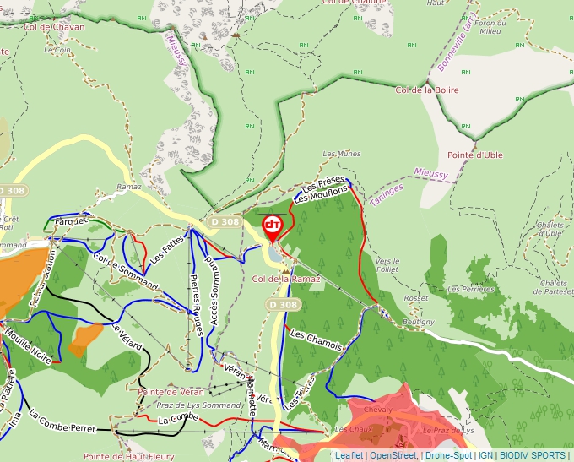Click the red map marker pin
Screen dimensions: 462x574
(x=273, y=226)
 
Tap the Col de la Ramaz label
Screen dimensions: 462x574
(x=286, y=278)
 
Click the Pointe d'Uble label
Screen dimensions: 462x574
(x=475, y=155)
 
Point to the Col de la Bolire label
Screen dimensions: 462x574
(x=427, y=89)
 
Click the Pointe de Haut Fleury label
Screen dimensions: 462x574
(x=128, y=456)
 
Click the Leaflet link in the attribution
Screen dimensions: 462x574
(x=349, y=455)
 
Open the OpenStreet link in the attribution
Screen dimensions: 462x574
(x=393, y=455)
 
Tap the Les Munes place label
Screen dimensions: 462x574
(x=342, y=154)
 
